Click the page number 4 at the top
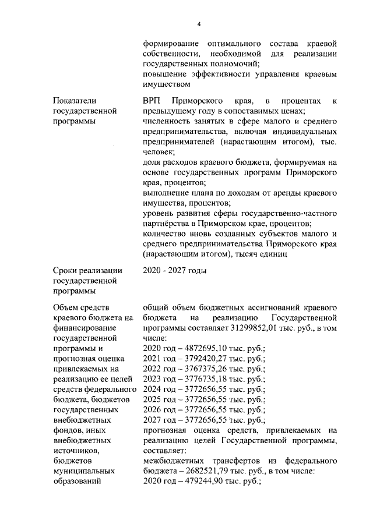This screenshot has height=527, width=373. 198,24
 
